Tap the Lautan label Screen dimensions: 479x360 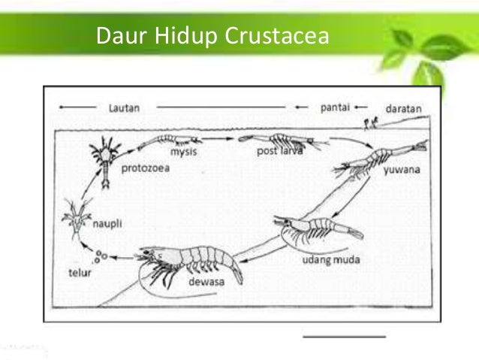click(123, 107)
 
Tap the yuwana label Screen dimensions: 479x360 click(400, 170)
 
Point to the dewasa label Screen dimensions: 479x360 click(198, 285)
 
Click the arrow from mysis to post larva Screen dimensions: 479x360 click(219, 139)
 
